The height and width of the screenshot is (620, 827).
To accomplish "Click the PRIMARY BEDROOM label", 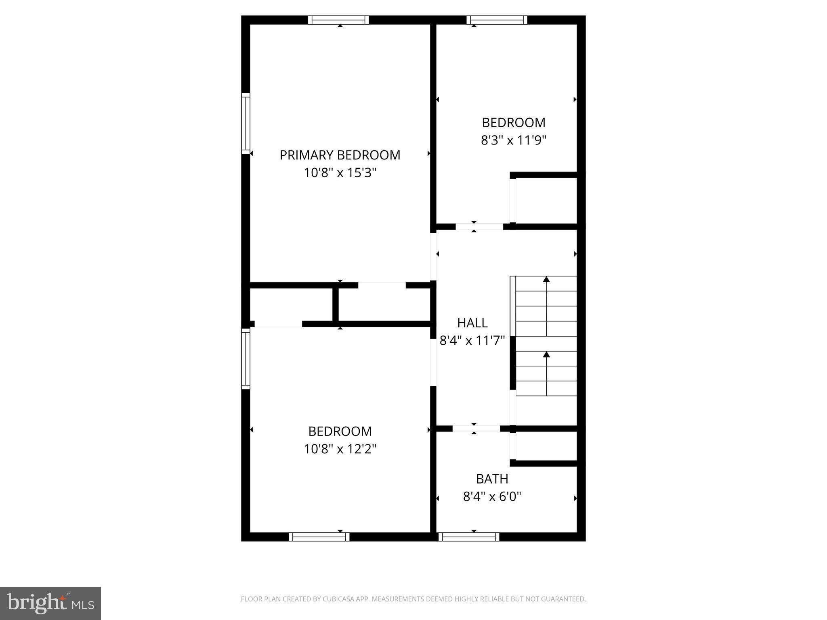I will tap(340, 155).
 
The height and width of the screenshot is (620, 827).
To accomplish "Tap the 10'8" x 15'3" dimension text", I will tap(340, 173).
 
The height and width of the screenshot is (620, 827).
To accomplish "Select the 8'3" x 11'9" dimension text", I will tap(514, 140).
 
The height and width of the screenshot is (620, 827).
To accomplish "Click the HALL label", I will tap(472, 323).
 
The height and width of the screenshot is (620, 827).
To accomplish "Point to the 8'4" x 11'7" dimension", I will tap(472, 341).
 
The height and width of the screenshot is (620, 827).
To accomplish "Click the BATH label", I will tap(492, 479).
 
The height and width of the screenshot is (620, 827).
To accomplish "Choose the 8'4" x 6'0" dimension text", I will tap(492, 496).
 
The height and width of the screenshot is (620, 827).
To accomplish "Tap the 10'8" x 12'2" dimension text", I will tap(340, 449).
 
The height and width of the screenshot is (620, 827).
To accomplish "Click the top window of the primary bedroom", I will tap(338, 20).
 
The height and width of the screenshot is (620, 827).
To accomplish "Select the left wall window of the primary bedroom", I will tap(246, 123).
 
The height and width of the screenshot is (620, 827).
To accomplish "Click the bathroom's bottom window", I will tap(469, 537).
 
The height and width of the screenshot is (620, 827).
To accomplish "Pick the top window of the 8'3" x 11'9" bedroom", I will tap(497, 20).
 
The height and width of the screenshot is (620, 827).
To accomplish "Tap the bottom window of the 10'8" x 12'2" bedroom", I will tap(319, 537).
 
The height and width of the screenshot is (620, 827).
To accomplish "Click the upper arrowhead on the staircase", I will tap(546, 279).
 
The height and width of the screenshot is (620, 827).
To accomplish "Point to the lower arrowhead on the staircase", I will tap(546, 354).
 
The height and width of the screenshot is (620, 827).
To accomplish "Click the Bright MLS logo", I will tap(50, 603).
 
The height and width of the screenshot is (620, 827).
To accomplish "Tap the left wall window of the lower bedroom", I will tap(246, 358).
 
